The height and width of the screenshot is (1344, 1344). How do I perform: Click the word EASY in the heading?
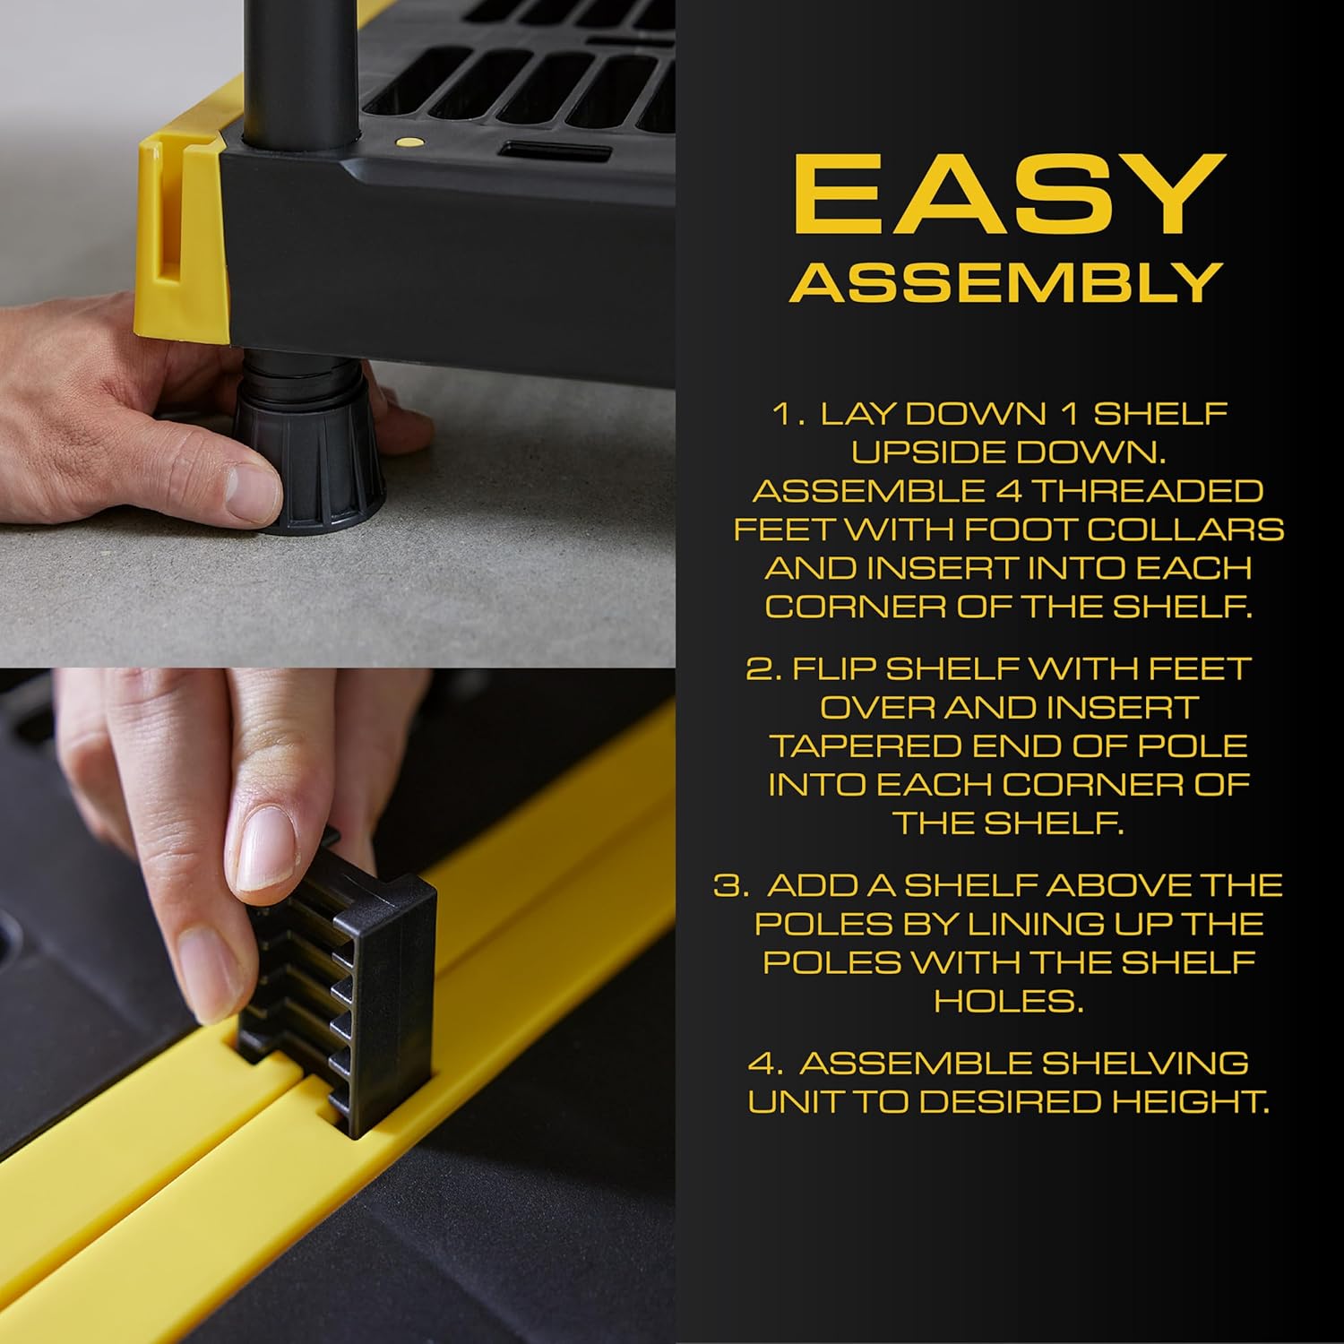coord(1008,195)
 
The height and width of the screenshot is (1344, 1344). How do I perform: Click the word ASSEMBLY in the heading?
coord(1006,283)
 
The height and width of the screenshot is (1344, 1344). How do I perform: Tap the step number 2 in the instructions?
coord(763,669)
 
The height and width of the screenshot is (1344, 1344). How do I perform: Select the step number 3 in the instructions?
coord(729,886)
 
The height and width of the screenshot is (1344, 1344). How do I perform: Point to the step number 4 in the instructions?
coord(764,1064)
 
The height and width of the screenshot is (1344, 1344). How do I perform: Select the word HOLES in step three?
coord(1008,1001)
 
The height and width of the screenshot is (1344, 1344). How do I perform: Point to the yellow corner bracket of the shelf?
coord(179,233)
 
